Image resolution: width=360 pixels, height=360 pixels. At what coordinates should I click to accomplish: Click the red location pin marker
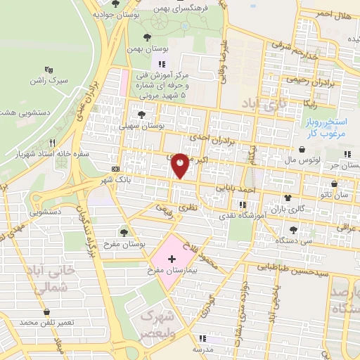point(181,165)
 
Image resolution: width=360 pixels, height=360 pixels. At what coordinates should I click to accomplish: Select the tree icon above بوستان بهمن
point(146,37)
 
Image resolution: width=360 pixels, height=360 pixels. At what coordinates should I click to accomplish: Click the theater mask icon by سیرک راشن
point(49,70)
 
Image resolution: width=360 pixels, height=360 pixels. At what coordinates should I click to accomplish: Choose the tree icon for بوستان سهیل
point(143,113)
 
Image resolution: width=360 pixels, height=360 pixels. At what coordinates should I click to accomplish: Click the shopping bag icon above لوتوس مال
point(302,149)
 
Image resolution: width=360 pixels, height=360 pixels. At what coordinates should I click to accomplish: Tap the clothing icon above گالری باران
point(287,198)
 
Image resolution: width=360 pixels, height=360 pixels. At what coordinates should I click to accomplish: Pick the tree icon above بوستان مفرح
point(124,231)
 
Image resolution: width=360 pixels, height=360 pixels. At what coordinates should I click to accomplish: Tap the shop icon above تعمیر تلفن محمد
point(46,311)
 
